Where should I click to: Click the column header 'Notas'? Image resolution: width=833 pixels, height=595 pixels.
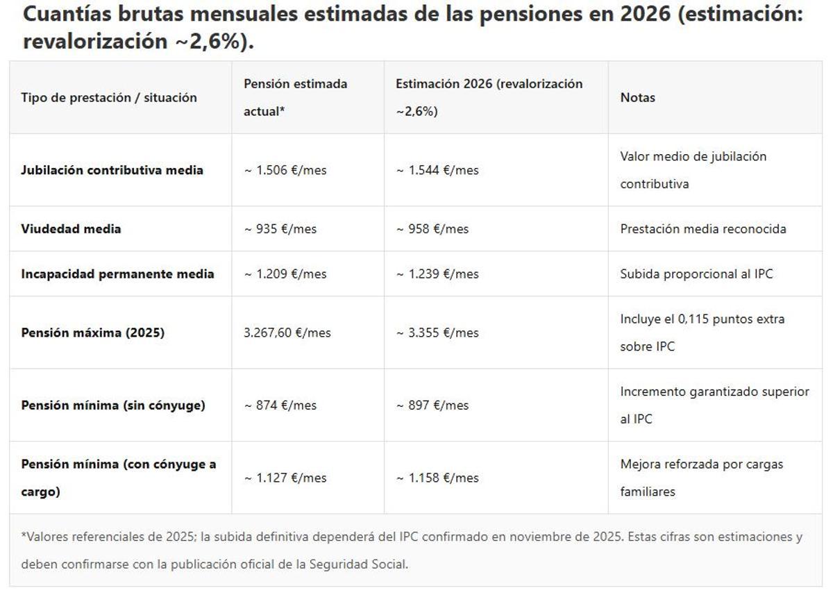click(x=637, y=98)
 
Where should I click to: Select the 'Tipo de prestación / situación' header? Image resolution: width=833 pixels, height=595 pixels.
click(x=109, y=98)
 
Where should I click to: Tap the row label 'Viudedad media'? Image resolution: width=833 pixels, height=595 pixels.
click(x=71, y=228)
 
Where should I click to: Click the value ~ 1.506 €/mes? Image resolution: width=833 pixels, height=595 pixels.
click(x=285, y=170)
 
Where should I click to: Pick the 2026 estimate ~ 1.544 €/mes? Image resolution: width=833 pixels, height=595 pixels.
click(x=437, y=170)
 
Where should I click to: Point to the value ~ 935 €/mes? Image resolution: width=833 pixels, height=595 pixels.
click(x=280, y=228)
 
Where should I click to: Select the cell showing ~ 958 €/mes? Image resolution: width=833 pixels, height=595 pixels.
click(x=432, y=228)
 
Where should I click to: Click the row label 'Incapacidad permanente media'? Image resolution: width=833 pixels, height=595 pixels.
click(x=117, y=274)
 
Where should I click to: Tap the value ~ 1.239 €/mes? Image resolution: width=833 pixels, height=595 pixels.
click(x=437, y=274)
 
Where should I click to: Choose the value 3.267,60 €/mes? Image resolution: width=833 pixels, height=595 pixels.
click(x=287, y=333)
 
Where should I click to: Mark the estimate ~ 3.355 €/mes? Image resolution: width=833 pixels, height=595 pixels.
click(x=437, y=333)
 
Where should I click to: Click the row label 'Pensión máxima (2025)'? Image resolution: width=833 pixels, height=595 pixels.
click(x=92, y=333)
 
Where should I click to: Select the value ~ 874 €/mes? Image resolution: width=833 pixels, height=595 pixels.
click(x=280, y=405)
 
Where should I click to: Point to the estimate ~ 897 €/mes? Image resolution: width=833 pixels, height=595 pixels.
click(x=432, y=405)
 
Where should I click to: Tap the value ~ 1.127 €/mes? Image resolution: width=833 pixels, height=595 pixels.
click(x=285, y=478)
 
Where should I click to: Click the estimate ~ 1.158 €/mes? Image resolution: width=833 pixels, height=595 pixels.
click(x=437, y=478)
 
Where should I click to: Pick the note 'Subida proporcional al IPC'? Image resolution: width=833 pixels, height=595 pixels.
click(x=696, y=274)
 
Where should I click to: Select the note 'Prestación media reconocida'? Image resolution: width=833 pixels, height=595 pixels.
click(x=703, y=228)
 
